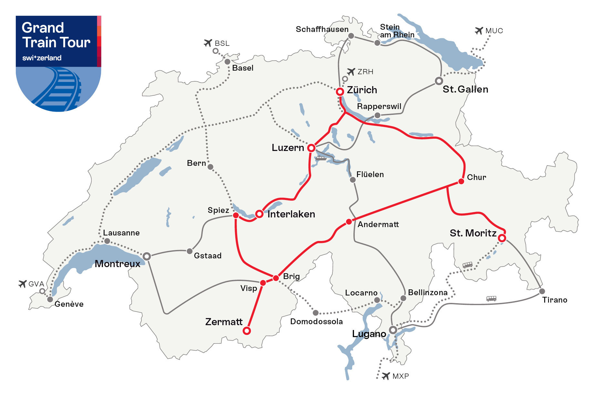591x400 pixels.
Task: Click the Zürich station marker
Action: point(340,92)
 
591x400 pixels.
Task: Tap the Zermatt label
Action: point(224,322)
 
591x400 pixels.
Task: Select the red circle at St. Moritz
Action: point(502,238)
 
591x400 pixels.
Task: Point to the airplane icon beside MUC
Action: point(479,31)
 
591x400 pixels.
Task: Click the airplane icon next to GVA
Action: point(22,284)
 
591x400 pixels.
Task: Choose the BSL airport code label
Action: point(222,43)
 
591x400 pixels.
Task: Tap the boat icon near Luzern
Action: point(321,158)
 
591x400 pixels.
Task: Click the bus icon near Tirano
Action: point(491,298)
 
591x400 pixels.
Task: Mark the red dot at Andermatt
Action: point(349,222)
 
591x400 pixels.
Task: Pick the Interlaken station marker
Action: point(259,214)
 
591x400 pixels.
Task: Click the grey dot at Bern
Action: point(210,167)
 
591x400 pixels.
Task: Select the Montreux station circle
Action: point(147,256)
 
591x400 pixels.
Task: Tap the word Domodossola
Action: point(316,321)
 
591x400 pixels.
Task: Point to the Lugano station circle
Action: point(393,330)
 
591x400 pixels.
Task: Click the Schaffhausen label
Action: point(322,29)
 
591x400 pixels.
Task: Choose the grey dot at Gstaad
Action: point(190,251)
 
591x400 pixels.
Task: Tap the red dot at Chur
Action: point(461,181)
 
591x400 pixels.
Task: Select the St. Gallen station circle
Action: point(439,81)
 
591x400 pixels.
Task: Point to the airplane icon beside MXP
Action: point(386,376)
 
